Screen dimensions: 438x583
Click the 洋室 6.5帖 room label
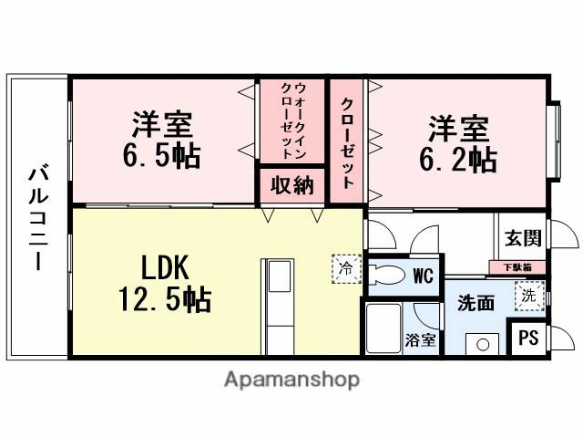pos(161,139)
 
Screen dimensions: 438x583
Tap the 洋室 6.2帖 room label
pos(457,144)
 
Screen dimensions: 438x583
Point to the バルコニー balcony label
pos(37,216)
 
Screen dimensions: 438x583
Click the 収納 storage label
pos(291,185)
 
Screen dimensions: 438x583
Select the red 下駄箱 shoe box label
pos(523,267)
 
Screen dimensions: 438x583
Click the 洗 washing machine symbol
pos(528,296)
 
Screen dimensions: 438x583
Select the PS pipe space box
pos(527,338)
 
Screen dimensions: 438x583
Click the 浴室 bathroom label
pos(421,340)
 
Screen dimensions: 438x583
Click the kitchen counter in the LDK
pos(277,300)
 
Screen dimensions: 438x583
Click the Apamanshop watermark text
pos(291,379)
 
